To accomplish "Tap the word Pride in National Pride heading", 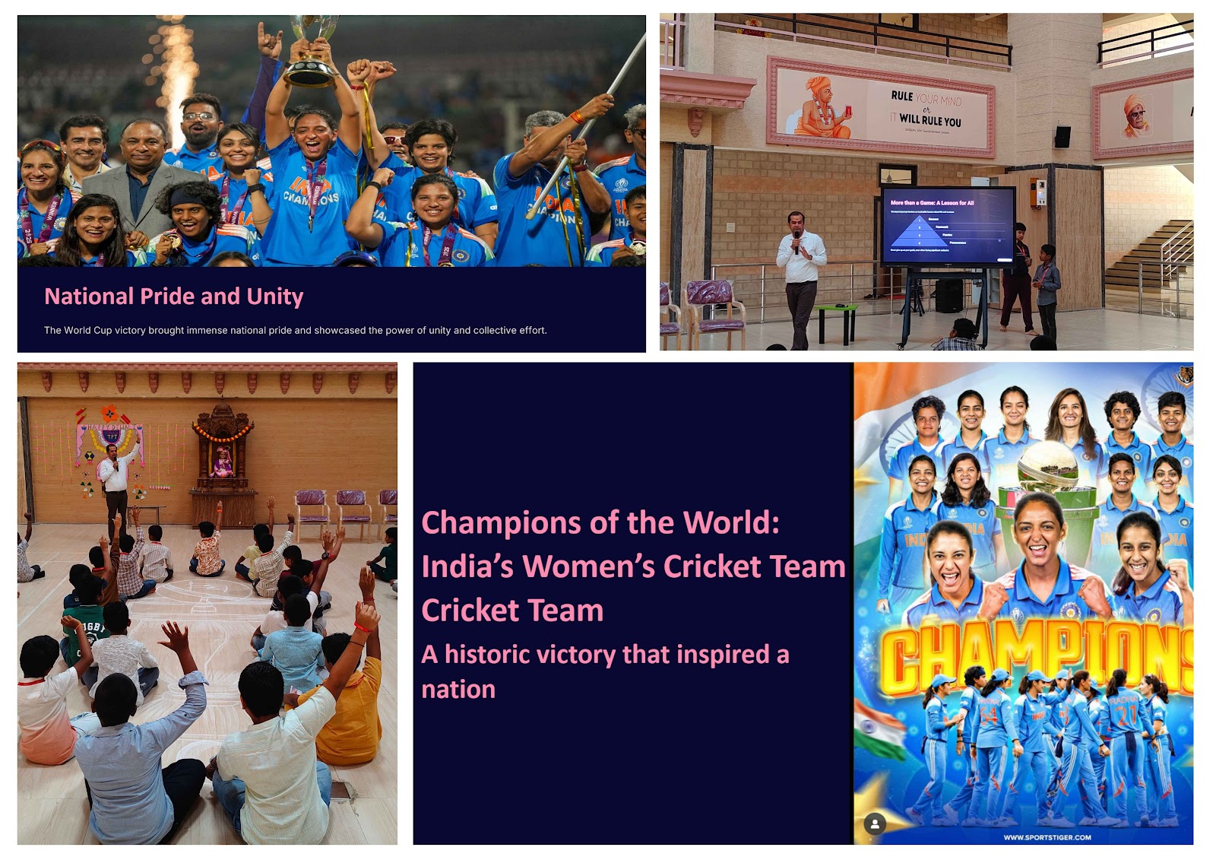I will [x=167, y=296].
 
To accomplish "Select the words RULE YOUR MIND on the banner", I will [x=926, y=98].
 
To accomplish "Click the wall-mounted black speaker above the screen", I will [x=1062, y=137].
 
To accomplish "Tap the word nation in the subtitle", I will [x=458, y=690].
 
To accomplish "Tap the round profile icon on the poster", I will [x=875, y=824].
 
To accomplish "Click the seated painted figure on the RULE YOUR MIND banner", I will [x=822, y=108].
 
